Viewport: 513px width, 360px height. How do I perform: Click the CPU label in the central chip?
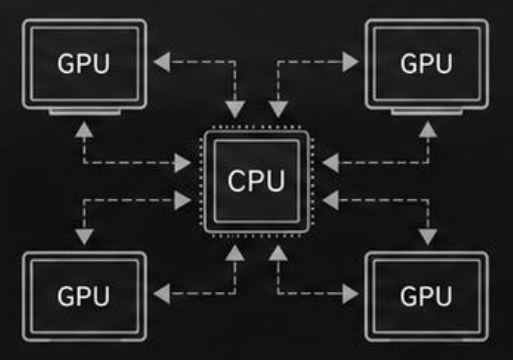tap(256, 181)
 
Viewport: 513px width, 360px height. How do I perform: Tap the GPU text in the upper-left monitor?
tap(83, 63)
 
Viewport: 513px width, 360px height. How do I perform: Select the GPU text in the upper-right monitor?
tap(426, 63)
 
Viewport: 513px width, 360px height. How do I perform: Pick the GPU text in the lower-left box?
tap(83, 296)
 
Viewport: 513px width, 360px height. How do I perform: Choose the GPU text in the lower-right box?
tap(426, 296)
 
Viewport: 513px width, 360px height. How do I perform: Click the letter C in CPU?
tap(237, 181)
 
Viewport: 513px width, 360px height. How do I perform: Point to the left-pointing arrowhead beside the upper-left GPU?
tap(162, 62)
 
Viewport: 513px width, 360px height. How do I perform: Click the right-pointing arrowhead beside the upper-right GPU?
tap(350, 62)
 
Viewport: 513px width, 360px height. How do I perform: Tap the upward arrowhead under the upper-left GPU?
tap(84, 129)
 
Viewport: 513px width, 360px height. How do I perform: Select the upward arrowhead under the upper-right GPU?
tap(428, 129)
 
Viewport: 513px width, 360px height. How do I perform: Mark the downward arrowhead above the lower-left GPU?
tap(84, 237)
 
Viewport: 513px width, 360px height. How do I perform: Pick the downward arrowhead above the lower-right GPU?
tap(428, 237)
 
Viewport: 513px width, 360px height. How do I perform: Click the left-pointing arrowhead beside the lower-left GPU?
tap(162, 294)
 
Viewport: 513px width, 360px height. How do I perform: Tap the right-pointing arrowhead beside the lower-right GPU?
tap(350, 294)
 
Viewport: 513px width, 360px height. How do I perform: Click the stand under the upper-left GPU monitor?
tap(85, 112)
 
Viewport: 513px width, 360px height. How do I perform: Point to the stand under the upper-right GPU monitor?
tap(427, 112)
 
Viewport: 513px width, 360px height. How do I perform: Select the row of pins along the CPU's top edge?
tap(257, 127)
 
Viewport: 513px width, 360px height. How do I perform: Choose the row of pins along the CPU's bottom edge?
tap(257, 236)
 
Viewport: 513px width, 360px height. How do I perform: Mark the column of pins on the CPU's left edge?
tap(201, 182)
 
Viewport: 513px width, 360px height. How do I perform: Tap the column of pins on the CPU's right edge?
tap(312, 182)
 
